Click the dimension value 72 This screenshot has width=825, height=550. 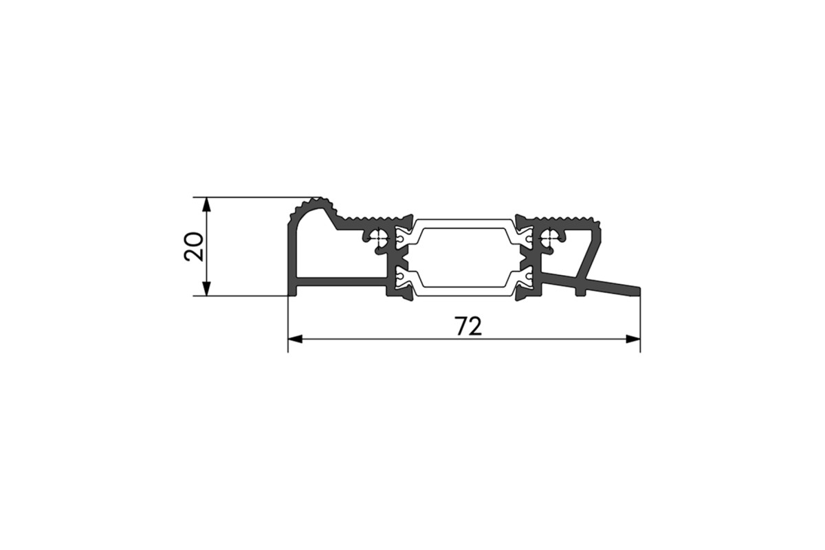tap(468, 326)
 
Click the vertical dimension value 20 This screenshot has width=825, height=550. tap(194, 246)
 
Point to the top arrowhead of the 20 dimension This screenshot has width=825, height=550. tap(207, 204)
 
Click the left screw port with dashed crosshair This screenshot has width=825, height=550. tap(377, 239)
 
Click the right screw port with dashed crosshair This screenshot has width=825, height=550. tap(550, 239)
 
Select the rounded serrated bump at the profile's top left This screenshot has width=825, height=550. tap(312, 209)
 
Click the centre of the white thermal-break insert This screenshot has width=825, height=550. tap(463, 257)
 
